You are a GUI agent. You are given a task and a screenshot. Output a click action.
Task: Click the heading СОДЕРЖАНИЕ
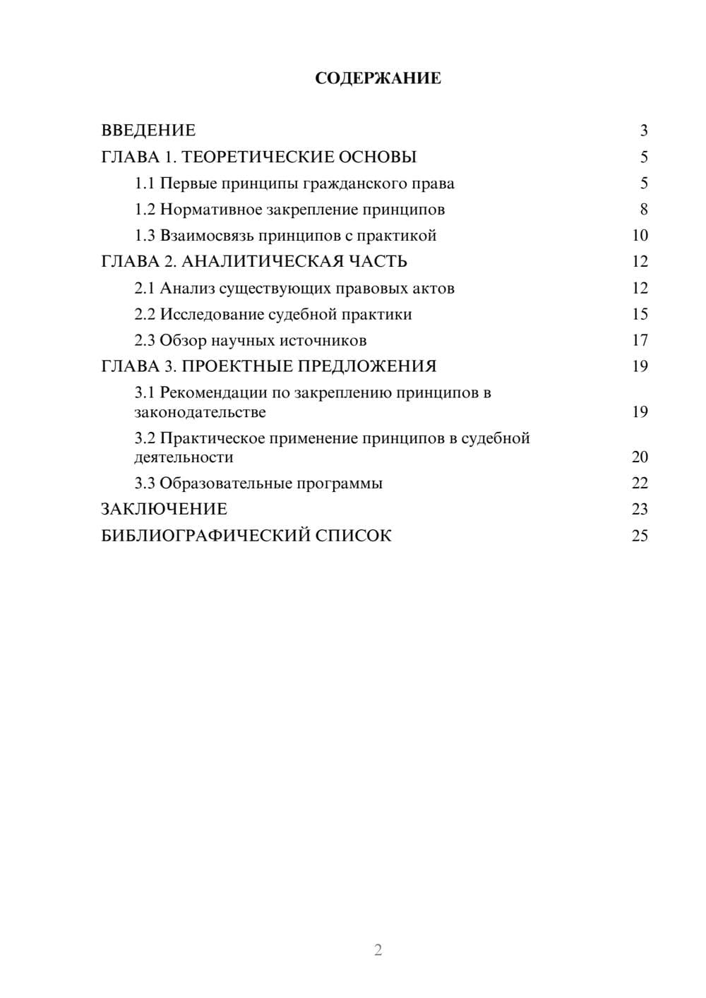pyautogui.click(x=378, y=78)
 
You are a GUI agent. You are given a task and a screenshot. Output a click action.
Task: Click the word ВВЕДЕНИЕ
pyautogui.click(x=148, y=131)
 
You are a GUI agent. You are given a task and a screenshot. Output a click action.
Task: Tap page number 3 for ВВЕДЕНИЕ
pyautogui.click(x=643, y=131)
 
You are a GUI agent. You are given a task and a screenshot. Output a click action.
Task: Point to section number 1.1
pyautogui.click(x=145, y=184)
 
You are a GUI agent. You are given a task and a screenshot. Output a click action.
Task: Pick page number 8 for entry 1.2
pyautogui.click(x=643, y=210)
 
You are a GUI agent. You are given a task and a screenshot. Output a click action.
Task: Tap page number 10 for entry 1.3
pyautogui.click(x=640, y=236)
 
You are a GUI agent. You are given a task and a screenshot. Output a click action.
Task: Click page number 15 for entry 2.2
pyautogui.click(x=640, y=314)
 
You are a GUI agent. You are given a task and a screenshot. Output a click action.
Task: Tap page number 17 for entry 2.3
pyautogui.click(x=640, y=340)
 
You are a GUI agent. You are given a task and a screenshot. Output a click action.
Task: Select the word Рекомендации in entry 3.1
pyautogui.click(x=213, y=392)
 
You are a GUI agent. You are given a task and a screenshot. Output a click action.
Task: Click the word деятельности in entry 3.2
pyautogui.click(x=184, y=457)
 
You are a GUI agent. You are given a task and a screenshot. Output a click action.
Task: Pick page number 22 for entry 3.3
pyautogui.click(x=640, y=483)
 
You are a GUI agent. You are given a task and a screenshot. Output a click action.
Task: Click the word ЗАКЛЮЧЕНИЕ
pyautogui.click(x=164, y=510)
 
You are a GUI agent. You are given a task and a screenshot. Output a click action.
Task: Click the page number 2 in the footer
pyautogui.click(x=378, y=950)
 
